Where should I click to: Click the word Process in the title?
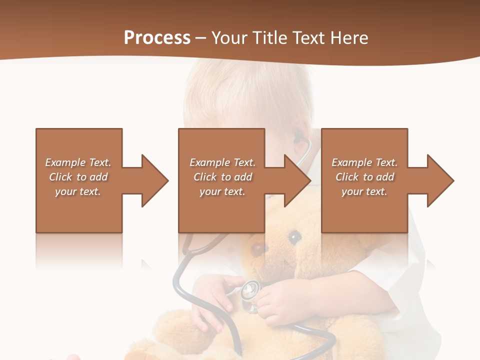[157, 38]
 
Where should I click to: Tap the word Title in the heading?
[269, 38]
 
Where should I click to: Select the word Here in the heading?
[349, 38]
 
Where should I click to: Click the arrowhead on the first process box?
[152, 180]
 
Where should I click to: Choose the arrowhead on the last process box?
[438, 180]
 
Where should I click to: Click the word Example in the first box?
[65, 162]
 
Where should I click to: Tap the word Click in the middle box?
[204, 177]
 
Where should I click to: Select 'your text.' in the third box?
[364, 191]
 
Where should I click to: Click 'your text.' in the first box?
[78, 191]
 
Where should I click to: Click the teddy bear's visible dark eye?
[295, 236]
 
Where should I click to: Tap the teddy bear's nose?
[258, 248]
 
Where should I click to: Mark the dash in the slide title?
[201, 38]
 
